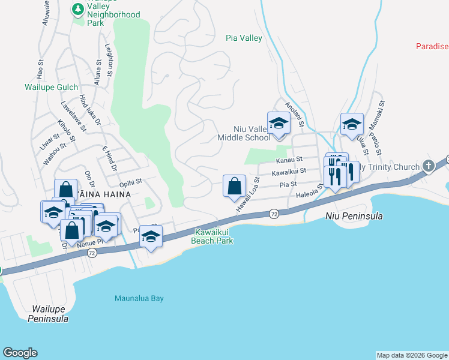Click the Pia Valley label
tap(244, 38)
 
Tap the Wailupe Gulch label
tap(51, 87)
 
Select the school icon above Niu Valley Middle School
tap(278, 124)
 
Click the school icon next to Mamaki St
tap(352, 124)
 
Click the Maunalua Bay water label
tap(139, 298)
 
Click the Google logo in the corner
tap(20, 353)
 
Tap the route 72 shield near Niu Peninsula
tap(274, 214)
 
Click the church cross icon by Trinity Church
tap(428, 166)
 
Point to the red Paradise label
tap(432, 46)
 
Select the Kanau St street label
tap(289, 160)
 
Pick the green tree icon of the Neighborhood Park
tap(77, 9)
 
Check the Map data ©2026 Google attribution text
tap(412, 355)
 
